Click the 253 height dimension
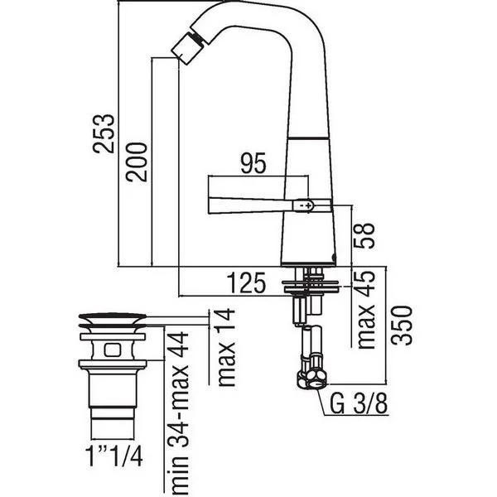[104, 133]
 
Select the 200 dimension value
[137, 162]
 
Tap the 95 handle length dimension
[253, 163]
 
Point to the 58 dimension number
[364, 235]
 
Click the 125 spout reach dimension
[246, 282]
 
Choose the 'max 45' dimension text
[365, 310]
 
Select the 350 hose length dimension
[402, 326]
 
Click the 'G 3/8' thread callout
[359, 403]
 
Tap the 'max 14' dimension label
[227, 347]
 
